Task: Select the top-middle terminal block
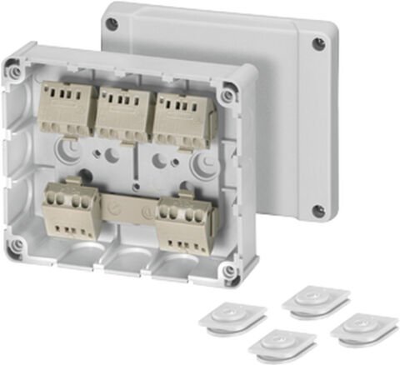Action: [x=122, y=112]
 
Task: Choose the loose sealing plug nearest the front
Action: [x=282, y=343]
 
